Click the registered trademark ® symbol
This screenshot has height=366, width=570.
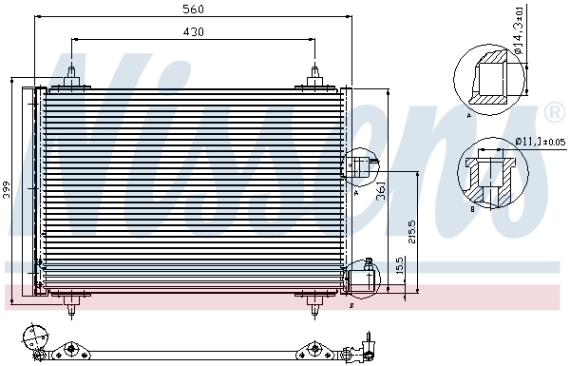tap(554, 113)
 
